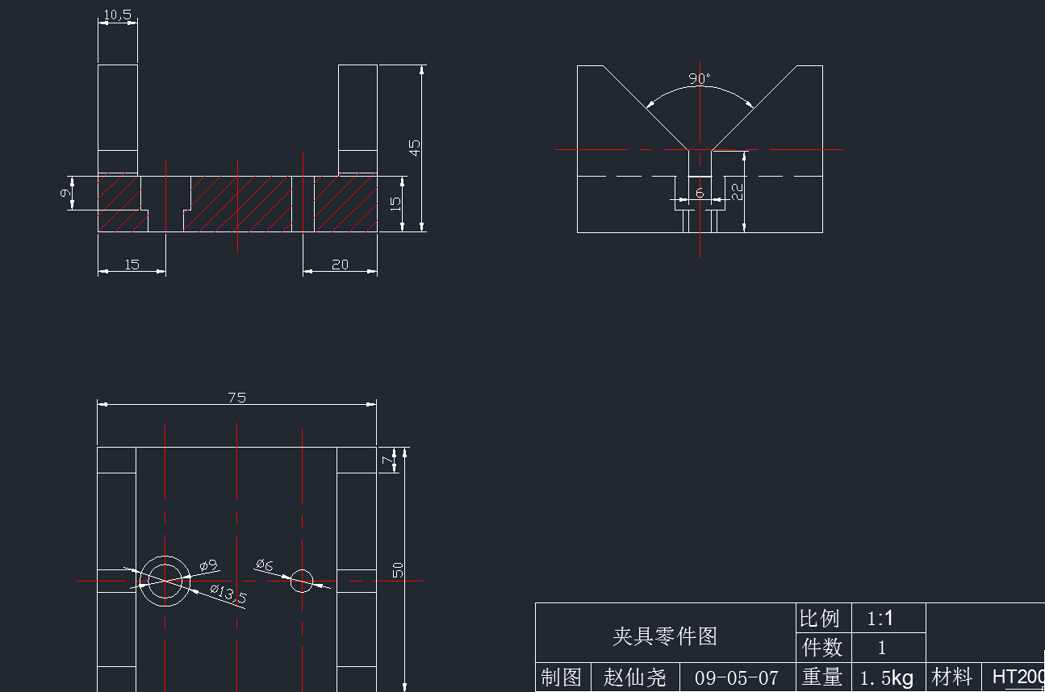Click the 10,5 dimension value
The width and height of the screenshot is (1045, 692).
118,15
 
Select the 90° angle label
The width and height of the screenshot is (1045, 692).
700,79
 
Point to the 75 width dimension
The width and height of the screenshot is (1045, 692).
236,397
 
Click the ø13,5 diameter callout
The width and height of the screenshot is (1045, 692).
228,595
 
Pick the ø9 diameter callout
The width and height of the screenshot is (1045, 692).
208,565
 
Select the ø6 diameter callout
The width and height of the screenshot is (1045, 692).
264,565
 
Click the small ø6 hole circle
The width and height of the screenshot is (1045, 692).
302,580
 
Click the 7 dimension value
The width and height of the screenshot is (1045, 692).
385,460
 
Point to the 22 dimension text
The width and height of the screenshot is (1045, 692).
737,191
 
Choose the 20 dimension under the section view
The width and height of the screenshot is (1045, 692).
340,265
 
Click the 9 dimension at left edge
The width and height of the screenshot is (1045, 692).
65,194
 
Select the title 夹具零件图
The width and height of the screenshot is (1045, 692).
664,636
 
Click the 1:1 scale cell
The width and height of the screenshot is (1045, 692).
880,619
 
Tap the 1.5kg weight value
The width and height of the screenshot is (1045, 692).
886,677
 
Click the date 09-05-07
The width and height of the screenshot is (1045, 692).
737,677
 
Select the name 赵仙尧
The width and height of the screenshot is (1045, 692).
635,677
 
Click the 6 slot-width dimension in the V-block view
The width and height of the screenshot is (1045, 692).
700,193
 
